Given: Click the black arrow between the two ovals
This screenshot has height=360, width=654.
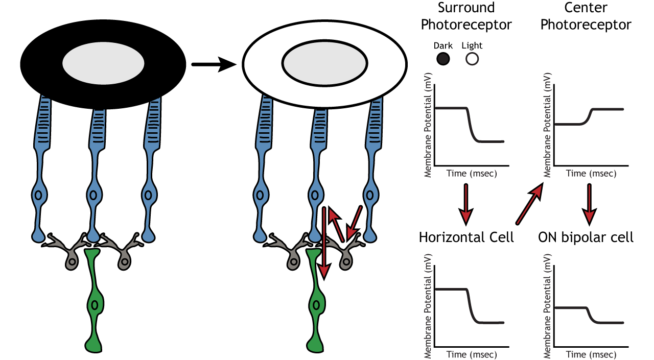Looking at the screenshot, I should point(214,64).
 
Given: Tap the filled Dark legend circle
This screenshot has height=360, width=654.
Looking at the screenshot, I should point(443,59).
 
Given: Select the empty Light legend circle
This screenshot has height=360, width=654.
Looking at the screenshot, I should point(472,59).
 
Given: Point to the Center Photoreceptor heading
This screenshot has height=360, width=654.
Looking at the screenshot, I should point(586,16).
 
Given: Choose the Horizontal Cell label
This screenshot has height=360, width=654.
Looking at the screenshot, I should point(466,237).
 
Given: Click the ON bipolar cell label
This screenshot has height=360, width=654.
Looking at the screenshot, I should point(586,237).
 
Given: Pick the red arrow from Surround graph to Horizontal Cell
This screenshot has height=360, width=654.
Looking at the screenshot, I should point(465,204).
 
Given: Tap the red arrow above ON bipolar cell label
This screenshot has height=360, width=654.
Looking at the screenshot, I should point(590,204).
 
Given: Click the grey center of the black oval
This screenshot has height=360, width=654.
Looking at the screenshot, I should point(103,64).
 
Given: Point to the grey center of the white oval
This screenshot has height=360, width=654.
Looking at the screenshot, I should point(324,64).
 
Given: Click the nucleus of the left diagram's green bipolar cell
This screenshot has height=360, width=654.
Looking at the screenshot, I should point(94,305).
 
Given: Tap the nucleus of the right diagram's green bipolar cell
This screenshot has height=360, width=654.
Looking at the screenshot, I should point(316,305).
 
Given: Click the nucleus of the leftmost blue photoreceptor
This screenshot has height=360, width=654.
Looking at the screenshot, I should point(38,195).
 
